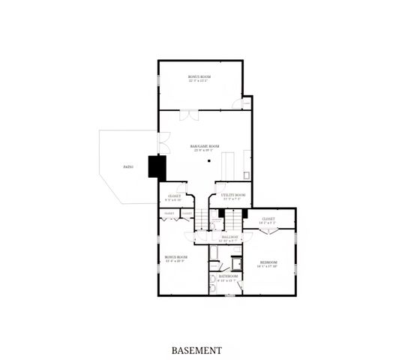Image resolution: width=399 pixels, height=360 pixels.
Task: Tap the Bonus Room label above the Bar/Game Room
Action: pos(199,76)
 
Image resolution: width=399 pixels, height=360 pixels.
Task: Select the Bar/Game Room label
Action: pos(204,145)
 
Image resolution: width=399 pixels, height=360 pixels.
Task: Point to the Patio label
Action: pos(128,166)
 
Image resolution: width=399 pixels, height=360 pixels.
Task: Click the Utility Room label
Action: pos(233,195)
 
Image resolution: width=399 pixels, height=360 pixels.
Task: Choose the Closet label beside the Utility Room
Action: pos(174,196)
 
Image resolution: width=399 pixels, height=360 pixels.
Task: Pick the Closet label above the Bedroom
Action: pos(268,219)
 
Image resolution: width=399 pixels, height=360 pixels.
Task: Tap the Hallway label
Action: pos(229,236)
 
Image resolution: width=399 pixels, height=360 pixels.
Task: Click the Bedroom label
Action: pos(268,262)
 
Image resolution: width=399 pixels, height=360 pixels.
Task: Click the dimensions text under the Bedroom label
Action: pos(268,266)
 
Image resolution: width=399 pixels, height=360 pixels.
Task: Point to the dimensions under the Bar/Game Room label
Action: pos(204,150)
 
